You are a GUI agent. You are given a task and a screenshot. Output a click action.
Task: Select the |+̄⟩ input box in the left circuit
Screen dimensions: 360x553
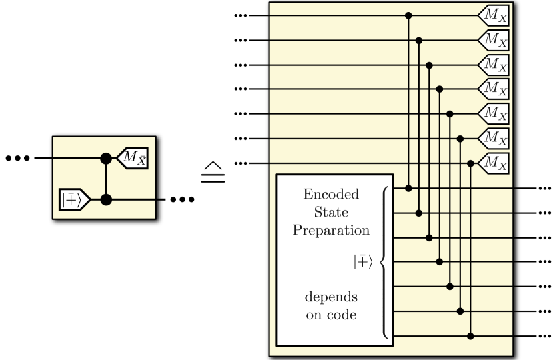(74, 199)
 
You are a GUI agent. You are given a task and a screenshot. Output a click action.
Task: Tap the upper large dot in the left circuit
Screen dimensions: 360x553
(105, 159)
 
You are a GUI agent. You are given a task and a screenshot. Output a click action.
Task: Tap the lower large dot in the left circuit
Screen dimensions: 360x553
(105, 199)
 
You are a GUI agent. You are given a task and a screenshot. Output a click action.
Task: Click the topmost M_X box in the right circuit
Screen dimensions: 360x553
(494, 15)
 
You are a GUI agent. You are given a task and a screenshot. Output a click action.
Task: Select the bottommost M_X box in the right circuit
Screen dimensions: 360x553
(494, 163)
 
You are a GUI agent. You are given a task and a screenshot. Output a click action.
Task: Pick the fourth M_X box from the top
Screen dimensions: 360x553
(494, 89)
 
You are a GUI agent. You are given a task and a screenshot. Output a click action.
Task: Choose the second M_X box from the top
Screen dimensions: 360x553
(494, 40)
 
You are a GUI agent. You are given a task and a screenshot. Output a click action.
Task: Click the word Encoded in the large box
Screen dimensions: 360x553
(331, 195)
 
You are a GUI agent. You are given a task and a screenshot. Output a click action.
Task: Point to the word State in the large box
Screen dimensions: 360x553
(331, 213)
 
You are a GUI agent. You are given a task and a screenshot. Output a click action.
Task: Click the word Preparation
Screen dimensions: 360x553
(331, 231)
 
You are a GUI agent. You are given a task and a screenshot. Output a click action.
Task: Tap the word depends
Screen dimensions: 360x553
(331, 297)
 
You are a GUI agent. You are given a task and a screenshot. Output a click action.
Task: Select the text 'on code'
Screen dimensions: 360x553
(331, 315)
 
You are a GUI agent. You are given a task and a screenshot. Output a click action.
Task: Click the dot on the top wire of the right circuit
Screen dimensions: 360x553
(408, 15)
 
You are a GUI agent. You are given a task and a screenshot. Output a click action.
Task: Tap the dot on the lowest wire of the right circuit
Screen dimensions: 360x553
(471, 336)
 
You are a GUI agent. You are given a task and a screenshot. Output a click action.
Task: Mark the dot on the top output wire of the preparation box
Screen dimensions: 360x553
(408, 189)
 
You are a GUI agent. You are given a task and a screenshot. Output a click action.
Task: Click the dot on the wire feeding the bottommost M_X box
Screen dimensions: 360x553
(471, 163)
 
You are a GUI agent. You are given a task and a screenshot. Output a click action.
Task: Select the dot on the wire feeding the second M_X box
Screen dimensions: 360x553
(418, 40)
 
